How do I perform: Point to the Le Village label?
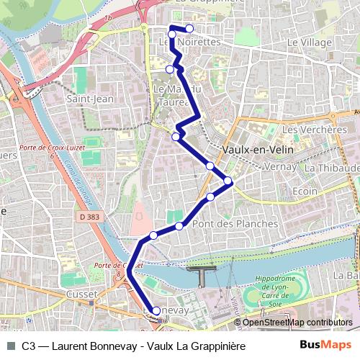click(x=309, y=43)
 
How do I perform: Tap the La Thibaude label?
click(x=331, y=168)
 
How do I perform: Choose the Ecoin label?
click(x=305, y=192)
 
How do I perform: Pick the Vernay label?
click(x=275, y=166)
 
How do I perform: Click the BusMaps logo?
click(x=325, y=346)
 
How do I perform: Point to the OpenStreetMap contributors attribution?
click(x=297, y=322)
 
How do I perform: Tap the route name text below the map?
click(x=133, y=346)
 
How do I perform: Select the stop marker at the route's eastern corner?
click(x=228, y=181)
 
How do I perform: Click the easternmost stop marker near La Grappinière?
click(x=189, y=29)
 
